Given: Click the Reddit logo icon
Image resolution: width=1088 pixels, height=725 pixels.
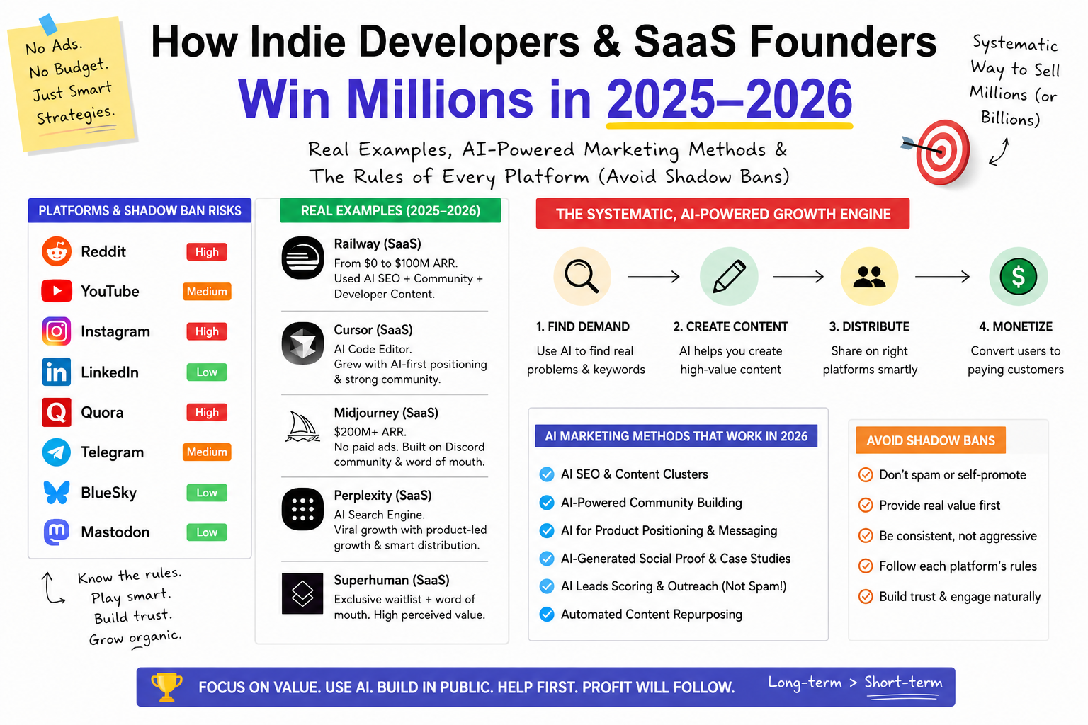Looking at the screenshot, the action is coord(57,251).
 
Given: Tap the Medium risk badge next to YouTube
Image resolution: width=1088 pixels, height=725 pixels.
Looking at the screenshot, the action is coord(207,292).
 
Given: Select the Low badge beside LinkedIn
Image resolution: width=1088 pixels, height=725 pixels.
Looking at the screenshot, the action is coord(207,372).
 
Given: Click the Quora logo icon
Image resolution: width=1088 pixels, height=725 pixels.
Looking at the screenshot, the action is coord(57,412).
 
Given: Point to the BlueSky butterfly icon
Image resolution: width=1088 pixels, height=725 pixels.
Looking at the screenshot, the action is coord(57,492).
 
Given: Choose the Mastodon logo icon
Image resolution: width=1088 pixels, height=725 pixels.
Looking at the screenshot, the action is coord(57,532).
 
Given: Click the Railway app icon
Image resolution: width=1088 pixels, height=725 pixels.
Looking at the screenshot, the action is coord(302,258).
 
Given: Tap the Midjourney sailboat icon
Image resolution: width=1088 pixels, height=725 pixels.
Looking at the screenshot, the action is coord(302,427).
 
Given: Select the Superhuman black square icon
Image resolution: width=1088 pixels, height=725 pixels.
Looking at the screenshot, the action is coord(302,593).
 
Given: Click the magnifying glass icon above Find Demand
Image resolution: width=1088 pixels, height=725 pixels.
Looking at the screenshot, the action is coord(582,277).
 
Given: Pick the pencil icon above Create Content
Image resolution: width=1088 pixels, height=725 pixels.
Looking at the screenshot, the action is coord(729,276).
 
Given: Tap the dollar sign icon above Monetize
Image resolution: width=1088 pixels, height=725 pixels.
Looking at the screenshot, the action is coord(1018,277).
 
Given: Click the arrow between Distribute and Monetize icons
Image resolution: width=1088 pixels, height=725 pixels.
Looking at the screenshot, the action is coord(942,277).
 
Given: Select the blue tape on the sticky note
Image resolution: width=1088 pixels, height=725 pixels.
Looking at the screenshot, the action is coord(48,24).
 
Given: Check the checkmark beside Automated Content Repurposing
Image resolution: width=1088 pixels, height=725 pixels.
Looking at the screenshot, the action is coord(547,615).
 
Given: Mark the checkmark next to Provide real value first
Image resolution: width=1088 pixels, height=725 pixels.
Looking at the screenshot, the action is coord(865,505).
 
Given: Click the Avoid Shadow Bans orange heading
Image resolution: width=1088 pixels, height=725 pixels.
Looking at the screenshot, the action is coord(931,440).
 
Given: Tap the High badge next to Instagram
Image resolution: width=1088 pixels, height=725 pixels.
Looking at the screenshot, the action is coord(207,331).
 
